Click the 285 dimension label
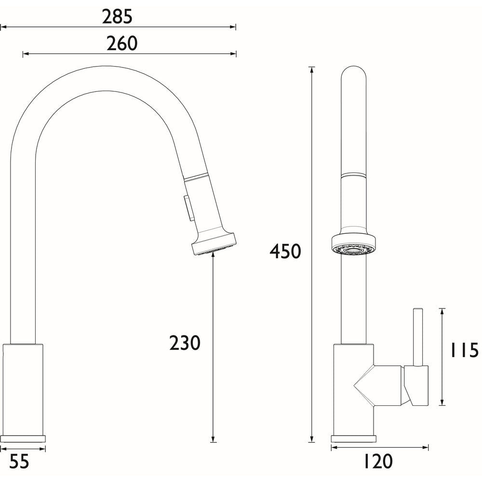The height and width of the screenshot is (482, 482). (x=117, y=17)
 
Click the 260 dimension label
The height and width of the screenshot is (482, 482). (x=121, y=44)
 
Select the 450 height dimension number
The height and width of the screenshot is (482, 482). (x=285, y=251)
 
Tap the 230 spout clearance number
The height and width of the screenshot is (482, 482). (x=185, y=343)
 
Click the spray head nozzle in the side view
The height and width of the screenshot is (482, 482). (x=214, y=245)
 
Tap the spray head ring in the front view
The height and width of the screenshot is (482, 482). (x=353, y=245)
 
